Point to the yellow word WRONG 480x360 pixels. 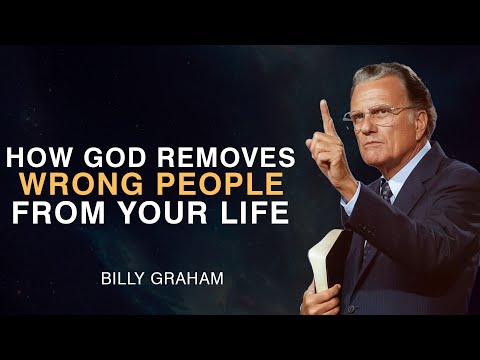point(92,186)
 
